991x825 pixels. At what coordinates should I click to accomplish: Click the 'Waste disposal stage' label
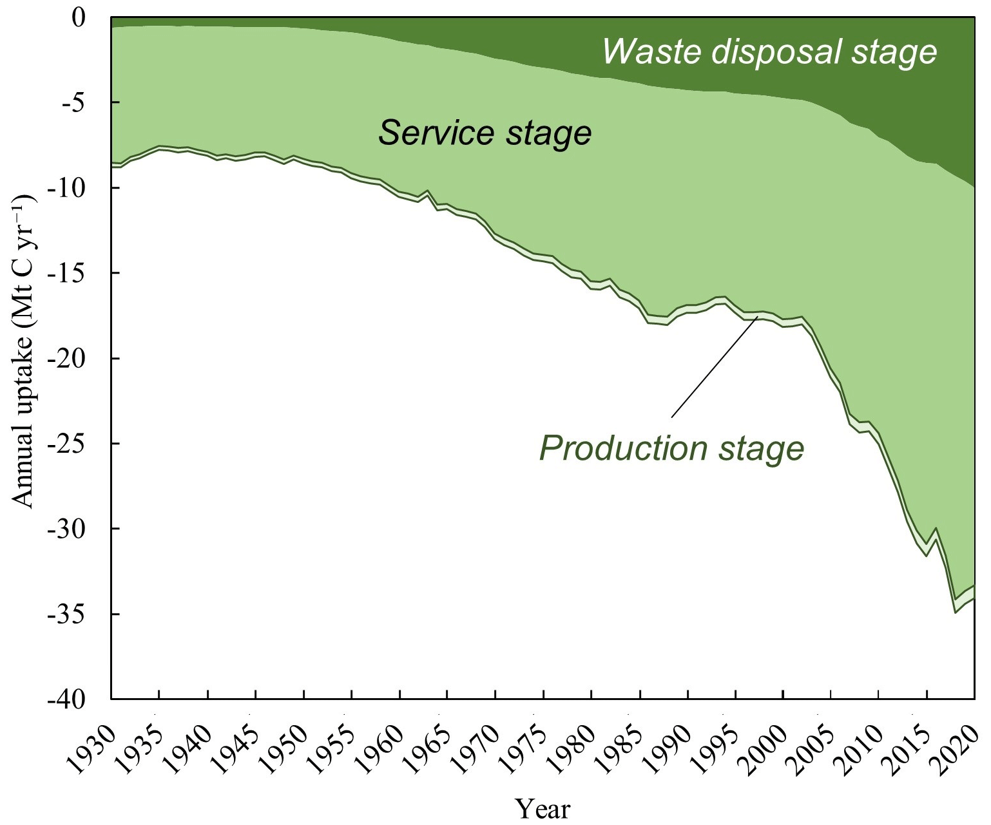click(769, 52)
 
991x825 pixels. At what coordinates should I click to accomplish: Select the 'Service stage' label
click(485, 133)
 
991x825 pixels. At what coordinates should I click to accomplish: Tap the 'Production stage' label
click(672, 448)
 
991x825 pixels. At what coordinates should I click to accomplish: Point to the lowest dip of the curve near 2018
click(955, 611)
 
